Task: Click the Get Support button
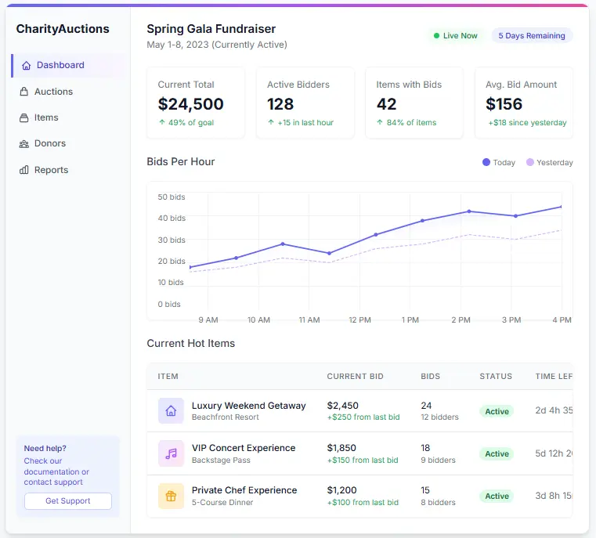[67, 501]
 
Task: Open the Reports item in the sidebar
[51, 170]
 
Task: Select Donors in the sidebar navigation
[49, 143]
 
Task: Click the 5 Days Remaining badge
[532, 36]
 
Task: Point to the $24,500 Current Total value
[190, 104]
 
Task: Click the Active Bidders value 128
[280, 104]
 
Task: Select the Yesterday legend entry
[550, 163]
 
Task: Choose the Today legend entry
[499, 163]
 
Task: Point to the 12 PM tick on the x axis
[359, 320]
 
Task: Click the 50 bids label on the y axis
[172, 197]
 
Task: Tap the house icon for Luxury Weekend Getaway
[171, 411]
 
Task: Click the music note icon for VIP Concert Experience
[171, 453]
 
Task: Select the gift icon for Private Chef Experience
[171, 496]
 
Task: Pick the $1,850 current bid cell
[341, 448]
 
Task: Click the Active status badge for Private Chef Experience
[497, 496]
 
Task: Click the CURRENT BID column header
[355, 377]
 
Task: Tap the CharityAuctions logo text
[63, 29]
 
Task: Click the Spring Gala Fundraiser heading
[211, 29]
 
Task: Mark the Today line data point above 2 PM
[469, 211]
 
